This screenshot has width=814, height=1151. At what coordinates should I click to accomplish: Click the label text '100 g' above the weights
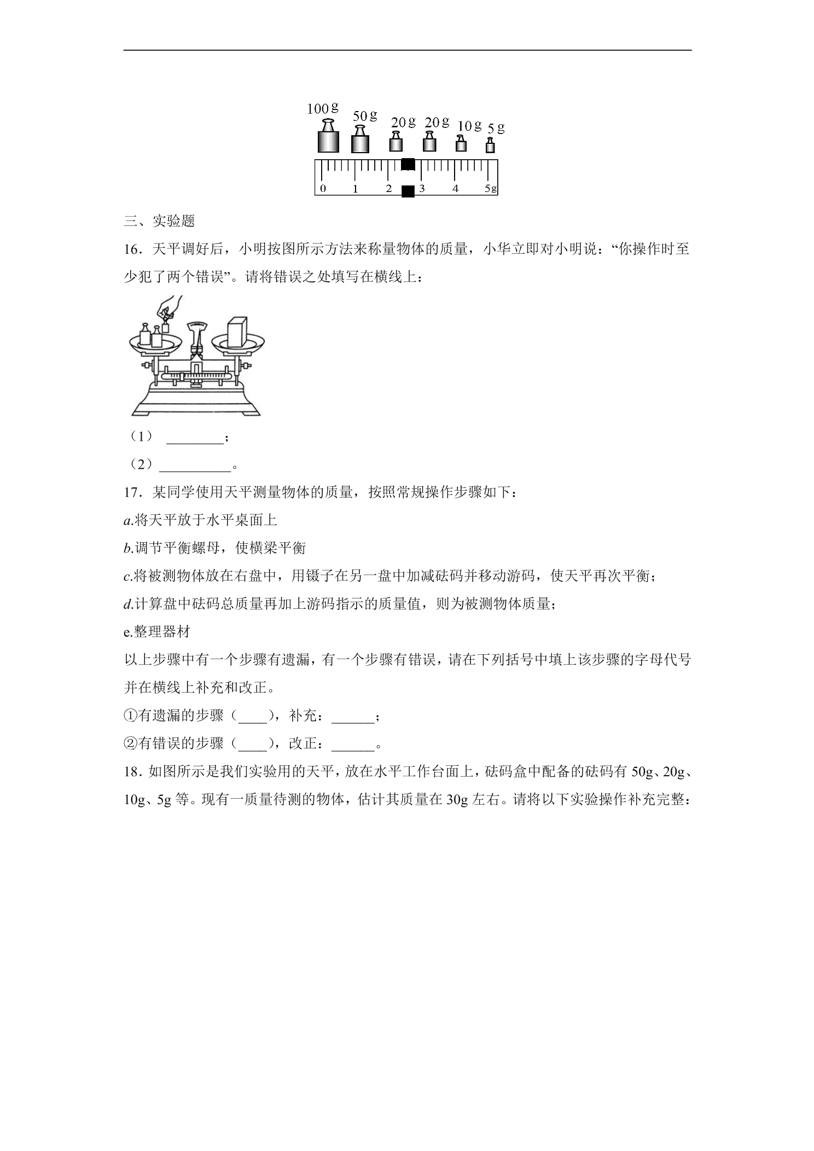[323, 108]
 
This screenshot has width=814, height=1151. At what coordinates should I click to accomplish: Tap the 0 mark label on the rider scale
[323, 189]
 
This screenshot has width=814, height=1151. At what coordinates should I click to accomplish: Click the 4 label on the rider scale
[455, 189]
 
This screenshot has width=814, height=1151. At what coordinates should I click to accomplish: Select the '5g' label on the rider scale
[491, 189]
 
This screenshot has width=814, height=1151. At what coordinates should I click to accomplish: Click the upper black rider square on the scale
[408, 164]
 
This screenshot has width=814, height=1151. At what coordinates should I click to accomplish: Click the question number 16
[132, 249]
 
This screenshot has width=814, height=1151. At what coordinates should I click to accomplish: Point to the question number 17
[132, 492]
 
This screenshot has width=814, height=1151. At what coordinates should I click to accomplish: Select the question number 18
[132, 772]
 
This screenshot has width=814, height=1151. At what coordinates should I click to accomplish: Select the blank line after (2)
[195, 468]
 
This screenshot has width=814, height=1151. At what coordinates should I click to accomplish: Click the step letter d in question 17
[127, 604]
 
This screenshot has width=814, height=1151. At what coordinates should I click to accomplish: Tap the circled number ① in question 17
[131, 716]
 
